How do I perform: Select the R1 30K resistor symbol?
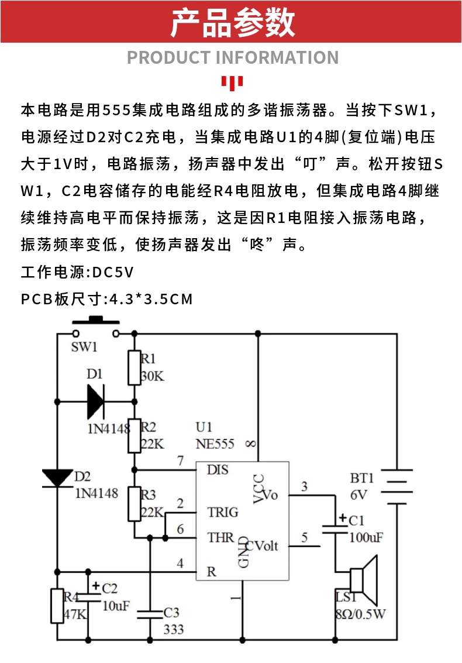[135, 367]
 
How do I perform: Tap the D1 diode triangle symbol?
[95, 401]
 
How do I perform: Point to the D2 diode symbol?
[57, 478]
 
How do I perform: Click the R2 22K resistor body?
[135, 436]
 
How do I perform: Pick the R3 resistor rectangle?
[135, 504]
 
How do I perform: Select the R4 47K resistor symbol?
[57, 606]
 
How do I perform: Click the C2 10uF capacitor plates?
[88, 597]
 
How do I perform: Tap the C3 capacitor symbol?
[150, 614]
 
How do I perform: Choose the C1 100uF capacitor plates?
[335, 528]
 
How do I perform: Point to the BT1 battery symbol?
[397, 487]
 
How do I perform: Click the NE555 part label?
[215, 444]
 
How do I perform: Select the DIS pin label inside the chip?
[218, 470]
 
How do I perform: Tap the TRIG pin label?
[223, 513]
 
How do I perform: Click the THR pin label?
[220, 538]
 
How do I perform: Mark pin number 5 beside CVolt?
[304, 538]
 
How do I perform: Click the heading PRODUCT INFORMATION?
[233, 57]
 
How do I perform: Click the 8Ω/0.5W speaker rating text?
[361, 614]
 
